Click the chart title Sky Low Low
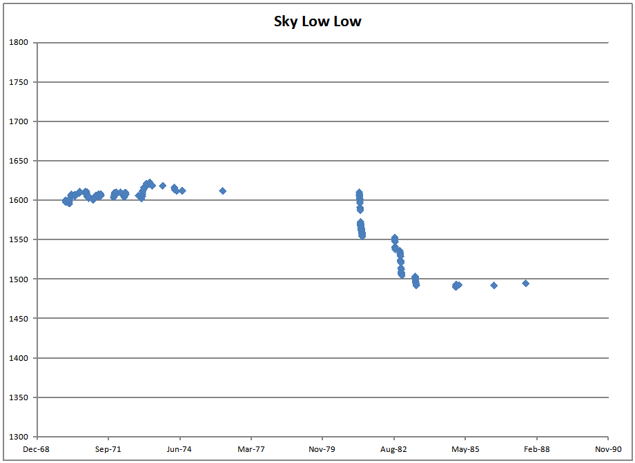(317, 21)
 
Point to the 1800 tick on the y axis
(19, 43)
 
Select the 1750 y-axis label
(19, 82)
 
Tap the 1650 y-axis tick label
(19, 161)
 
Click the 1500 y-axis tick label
(19, 279)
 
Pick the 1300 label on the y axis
(19, 437)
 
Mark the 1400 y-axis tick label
(19, 358)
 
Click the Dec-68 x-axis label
(37, 449)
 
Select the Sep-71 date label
(108, 449)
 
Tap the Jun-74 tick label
(179, 449)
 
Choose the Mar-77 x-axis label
(251, 449)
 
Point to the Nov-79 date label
(322, 449)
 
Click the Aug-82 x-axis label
(393, 449)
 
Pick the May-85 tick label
(465, 449)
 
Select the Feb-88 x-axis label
(536, 449)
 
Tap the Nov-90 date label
(607, 449)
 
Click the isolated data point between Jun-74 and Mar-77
(223, 190)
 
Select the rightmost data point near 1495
(526, 283)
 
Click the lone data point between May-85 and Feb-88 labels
(494, 285)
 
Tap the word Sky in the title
(286, 21)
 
